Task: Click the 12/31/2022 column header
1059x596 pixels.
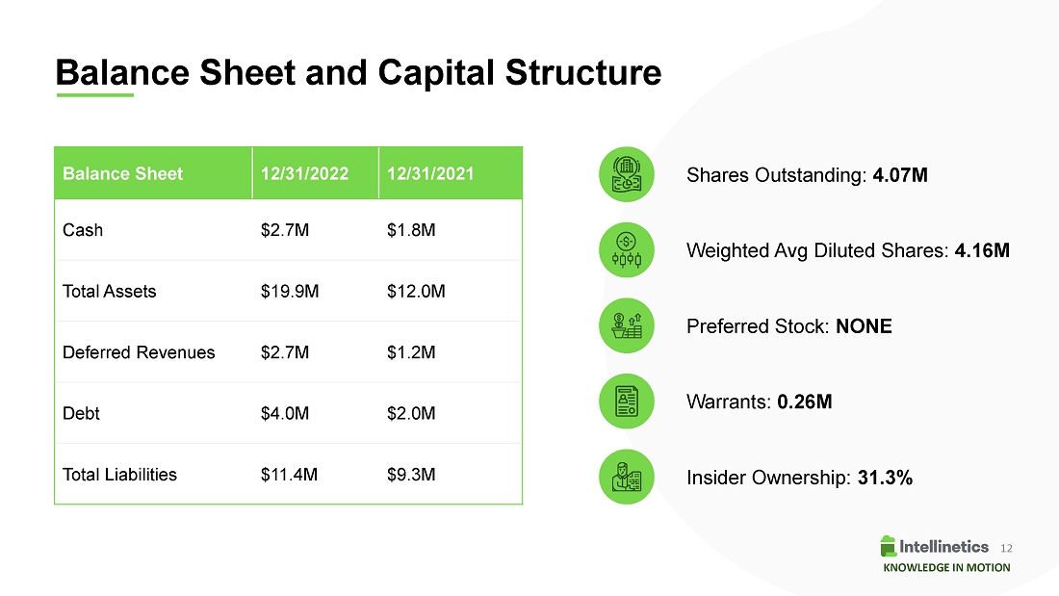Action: [304, 173]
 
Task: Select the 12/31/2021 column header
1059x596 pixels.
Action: [430, 173]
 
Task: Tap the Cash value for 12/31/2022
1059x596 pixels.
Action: [285, 230]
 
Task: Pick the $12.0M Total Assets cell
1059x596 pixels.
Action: [416, 291]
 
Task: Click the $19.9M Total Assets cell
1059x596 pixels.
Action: [290, 291]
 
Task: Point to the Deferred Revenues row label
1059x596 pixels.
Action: [139, 352]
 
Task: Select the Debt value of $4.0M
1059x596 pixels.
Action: [285, 413]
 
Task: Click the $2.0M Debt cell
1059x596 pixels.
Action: [411, 413]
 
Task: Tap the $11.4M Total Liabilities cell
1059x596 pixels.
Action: [289, 475]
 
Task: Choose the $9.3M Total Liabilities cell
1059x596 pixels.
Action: [411, 475]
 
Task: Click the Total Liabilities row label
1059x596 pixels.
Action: [119, 475]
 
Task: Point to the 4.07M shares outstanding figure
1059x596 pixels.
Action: [900, 175]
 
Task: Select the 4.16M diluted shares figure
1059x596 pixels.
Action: [982, 250]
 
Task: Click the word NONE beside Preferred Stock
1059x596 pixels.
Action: [864, 326]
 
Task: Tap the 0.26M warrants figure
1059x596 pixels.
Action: [805, 402]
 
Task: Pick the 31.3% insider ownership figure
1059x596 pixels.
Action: [885, 478]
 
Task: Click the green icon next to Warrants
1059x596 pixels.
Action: [627, 402]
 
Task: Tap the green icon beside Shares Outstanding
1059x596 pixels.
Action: [627, 174]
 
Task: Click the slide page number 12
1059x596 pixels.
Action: [1006, 548]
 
